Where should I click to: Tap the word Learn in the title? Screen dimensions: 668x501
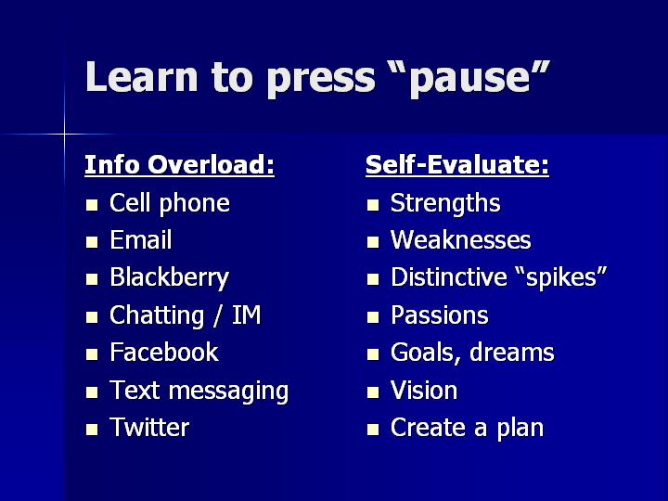[141, 77]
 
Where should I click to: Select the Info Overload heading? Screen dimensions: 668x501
[179, 164]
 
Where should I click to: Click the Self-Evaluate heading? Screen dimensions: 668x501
[457, 164]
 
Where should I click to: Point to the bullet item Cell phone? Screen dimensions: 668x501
[170, 203]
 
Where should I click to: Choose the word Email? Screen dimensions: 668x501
[141, 240]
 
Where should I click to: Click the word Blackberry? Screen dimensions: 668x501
[169, 278]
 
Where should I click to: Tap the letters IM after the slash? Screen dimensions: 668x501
[246, 315]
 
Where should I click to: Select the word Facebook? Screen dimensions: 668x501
[164, 353]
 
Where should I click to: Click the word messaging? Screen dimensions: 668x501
[229, 392]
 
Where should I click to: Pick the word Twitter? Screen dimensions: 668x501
[149, 428]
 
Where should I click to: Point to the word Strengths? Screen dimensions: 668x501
[445, 203]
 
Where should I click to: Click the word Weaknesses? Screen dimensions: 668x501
[460, 240]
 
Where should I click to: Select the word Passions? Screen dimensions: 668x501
[439, 315]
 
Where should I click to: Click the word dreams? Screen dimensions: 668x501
[511, 353]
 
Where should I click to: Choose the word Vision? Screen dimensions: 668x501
[424, 391]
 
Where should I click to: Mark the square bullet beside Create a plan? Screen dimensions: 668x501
[373, 430]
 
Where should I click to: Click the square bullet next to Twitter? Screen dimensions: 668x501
[92, 430]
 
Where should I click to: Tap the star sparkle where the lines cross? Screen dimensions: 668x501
[64, 135]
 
